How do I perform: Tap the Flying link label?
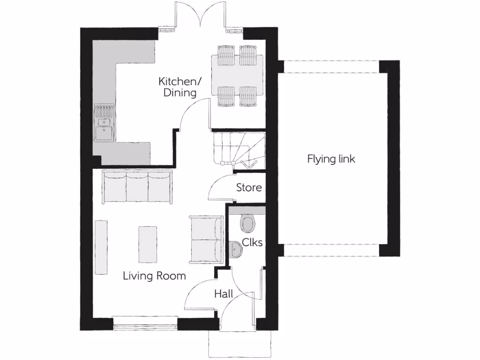point(331,159)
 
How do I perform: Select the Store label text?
point(248,188)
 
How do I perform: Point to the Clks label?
point(252,243)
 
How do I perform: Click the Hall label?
point(224,294)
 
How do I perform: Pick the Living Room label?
point(154,276)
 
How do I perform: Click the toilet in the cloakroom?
point(248,224)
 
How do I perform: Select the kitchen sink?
point(104,128)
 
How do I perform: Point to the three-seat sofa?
point(137,187)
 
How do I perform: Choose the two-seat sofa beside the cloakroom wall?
point(206,239)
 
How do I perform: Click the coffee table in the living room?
point(148,244)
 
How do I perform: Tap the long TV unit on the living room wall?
point(100,247)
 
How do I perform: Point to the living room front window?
point(145,323)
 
